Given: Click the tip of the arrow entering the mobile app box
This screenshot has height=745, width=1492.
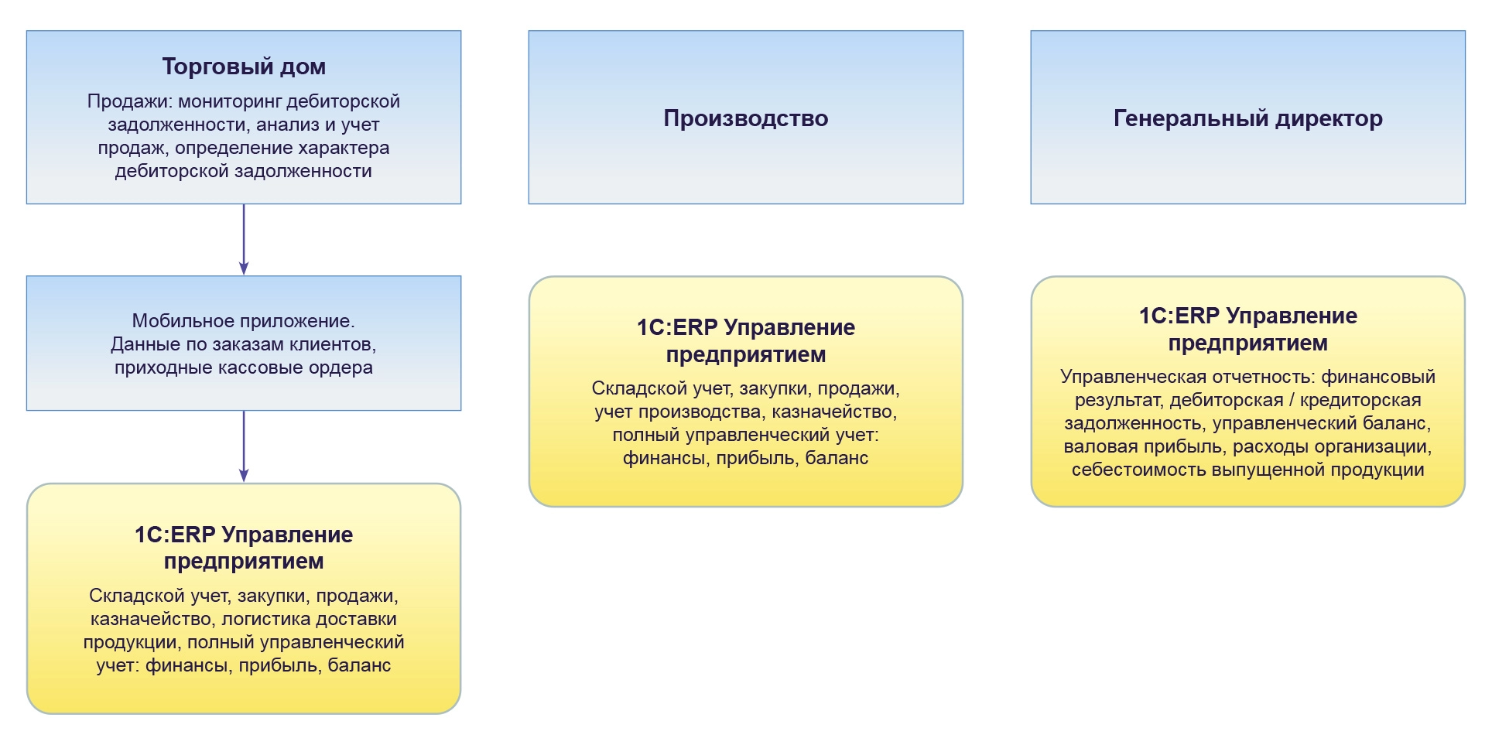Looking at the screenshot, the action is point(244,275).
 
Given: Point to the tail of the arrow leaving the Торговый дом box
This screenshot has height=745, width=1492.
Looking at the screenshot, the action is point(244,204).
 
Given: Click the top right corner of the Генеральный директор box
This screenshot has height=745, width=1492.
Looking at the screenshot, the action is point(1465,31).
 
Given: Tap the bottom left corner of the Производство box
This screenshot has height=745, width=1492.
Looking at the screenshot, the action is point(529,204).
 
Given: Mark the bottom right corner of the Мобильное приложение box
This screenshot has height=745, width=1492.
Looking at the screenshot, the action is point(461,410).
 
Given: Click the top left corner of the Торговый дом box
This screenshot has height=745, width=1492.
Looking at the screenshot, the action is point(26,31).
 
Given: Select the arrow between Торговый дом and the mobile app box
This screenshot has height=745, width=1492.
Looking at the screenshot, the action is point(244,240).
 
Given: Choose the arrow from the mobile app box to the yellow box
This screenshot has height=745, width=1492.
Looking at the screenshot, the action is point(244,446).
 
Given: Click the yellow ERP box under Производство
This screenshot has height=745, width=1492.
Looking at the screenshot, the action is point(746,391).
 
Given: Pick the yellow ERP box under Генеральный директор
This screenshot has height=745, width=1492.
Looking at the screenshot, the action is point(1248,391).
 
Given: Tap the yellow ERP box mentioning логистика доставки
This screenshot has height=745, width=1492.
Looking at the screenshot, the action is point(244,599).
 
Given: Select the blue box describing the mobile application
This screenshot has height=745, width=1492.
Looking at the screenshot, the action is point(244,343).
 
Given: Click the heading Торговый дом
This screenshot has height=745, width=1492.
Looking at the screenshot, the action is point(244,67).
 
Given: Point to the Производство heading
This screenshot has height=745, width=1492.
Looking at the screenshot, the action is point(746,118).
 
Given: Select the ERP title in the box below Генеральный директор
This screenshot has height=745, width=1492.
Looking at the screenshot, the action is point(1248,329).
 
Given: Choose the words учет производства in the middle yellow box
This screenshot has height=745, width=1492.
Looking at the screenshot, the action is point(680,412).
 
